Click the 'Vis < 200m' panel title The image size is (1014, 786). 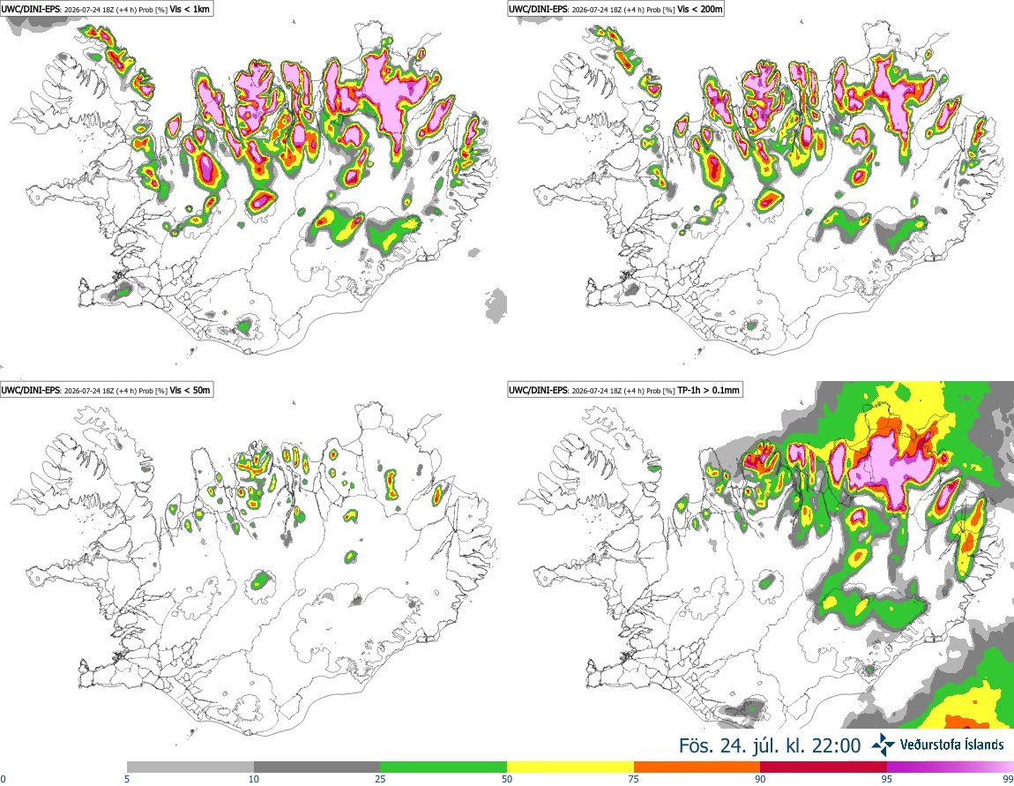(700, 10)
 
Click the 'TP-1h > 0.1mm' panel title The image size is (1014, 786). (708, 390)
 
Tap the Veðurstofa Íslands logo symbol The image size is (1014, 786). (884, 745)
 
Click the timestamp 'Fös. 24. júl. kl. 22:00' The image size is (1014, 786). (770, 745)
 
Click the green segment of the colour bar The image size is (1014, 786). (444, 767)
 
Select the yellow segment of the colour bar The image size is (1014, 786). (570, 767)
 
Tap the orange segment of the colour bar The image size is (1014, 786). (697, 767)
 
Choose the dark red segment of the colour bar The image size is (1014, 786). (824, 767)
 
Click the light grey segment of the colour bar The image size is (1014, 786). (190, 767)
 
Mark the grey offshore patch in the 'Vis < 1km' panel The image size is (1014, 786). (496, 306)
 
